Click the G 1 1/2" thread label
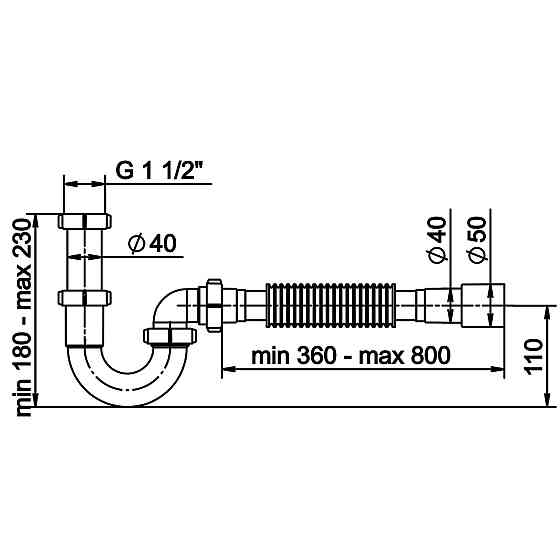(160, 170)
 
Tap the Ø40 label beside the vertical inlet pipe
(153, 243)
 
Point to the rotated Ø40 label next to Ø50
(436, 240)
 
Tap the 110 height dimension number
(533, 356)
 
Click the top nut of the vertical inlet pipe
(85, 221)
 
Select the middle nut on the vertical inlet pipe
(85, 299)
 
